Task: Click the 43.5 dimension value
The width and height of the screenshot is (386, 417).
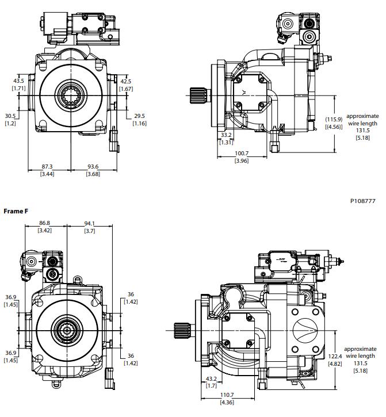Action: pos(18,81)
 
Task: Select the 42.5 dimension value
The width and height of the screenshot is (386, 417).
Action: pos(125,82)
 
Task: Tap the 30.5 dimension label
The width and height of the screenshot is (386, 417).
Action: pos(11,116)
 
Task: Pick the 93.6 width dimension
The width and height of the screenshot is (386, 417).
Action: pos(93,167)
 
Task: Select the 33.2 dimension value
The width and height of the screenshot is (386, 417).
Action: pos(226,136)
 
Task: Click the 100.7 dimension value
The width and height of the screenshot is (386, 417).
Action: pos(242,154)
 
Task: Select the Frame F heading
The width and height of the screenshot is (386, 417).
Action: pos(16,212)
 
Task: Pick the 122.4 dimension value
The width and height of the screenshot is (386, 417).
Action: pos(336,356)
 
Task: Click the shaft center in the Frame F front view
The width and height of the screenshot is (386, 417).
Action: pos(67,331)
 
